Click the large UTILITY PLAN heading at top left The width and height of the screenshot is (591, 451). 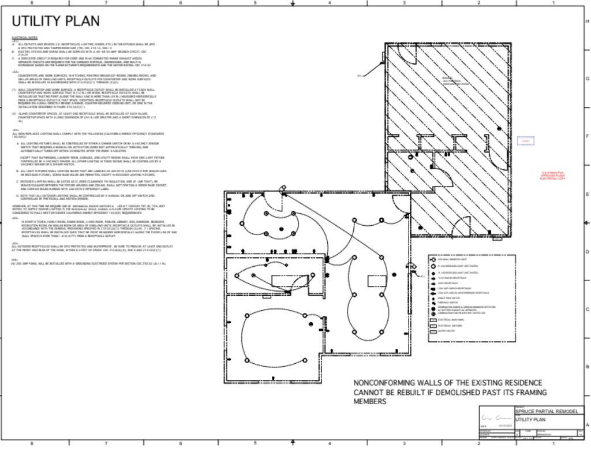click(55, 21)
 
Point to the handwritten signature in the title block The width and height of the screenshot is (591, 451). click(495, 418)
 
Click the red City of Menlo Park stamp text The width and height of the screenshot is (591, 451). click(552, 176)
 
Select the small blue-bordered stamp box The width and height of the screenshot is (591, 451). click(525, 141)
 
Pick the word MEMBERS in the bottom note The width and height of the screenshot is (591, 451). click(370, 401)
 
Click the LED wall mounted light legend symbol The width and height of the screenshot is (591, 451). click(433, 260)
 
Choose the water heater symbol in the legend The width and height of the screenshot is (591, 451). click(433, 331)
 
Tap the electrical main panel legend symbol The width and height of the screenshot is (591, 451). click(433, 319)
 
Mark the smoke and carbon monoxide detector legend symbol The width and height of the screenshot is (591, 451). click(433, 307)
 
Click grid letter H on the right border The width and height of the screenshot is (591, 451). click(587, 21)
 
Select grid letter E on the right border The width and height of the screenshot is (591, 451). click(587, 194)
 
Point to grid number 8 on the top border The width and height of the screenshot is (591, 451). click(32, 3)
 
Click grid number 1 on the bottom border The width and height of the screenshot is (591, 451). click(553, 443)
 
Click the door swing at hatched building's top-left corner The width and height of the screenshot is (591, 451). click(404, 53)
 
